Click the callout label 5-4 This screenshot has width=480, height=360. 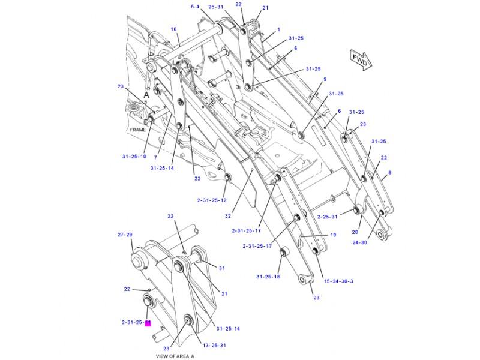196,7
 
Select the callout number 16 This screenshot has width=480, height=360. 173,29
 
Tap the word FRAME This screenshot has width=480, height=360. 138,129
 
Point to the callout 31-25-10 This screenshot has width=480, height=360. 134,156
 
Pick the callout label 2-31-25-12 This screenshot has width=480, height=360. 212,200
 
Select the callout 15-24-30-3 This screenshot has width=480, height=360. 338,281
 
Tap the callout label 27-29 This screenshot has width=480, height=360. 125,235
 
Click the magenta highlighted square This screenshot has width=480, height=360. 148,323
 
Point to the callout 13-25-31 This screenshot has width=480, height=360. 214,345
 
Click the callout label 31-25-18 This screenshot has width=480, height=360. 268,277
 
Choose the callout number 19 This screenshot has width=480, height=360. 332,235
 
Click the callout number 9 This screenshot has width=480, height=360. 325,79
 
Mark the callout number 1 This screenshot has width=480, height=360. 278,29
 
